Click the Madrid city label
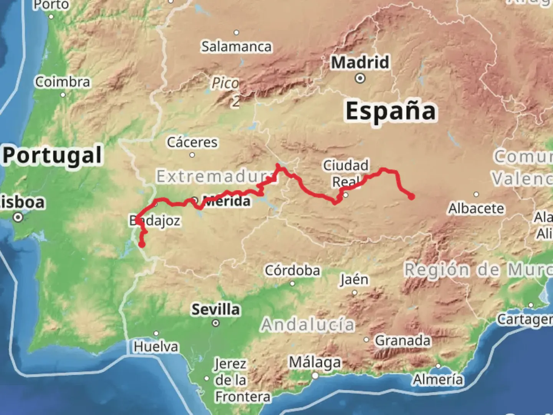click(x=360, y=62)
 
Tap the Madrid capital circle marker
click(x=360, y=78)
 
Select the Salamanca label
click(x=237, y=46)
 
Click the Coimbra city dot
click(x=63, y=95)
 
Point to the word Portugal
click(x=53, y=155)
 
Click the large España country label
click(x=391, y=111)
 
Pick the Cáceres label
click(x=192, y=142)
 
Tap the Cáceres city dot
click(x=192, y=155)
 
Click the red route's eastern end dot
click(x=412, y=197)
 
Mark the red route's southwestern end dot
click(x=142, y=244)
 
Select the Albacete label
click(x=476, y=208)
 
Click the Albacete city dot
click(x=476, y=194)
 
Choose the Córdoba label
click(x=292, y=271)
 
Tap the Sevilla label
click(x=216, y=309)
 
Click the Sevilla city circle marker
click(x=216, y=323)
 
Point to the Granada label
click(x=402, y=340)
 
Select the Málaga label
click(x=315, y=362)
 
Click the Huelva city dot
click(x=156, y=334)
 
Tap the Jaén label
click(x=354, y=279)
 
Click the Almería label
click(x=438, y=380)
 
